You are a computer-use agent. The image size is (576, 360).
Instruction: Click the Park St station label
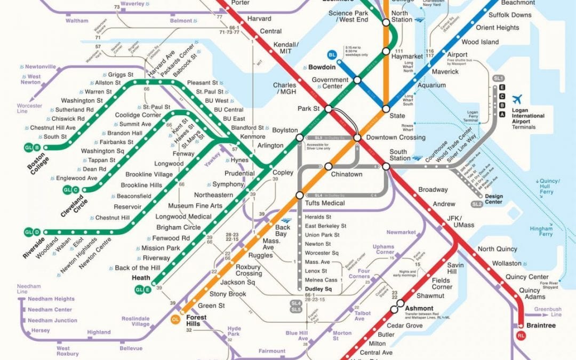click(308, 109)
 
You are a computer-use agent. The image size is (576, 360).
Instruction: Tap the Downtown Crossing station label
click(395, 138)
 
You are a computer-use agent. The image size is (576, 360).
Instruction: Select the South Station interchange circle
click(386, 166)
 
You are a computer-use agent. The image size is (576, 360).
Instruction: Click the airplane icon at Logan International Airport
click(517, 100)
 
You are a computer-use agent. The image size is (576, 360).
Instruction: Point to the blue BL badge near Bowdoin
click(332, 54)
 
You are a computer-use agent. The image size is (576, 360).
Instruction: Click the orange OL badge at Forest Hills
click(175, 319)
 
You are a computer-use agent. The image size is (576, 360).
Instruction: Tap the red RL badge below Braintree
click(521, 335)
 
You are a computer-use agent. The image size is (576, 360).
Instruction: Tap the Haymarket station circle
click(386, 51)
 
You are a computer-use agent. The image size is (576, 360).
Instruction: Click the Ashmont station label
click(420, 308)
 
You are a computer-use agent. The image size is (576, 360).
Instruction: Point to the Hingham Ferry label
click(541, 231)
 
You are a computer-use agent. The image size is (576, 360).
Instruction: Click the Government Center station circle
click(357, 80)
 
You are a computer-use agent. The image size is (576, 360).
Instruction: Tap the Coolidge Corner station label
click(138, 115)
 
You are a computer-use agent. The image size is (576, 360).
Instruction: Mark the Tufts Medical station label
click(325, 203)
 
